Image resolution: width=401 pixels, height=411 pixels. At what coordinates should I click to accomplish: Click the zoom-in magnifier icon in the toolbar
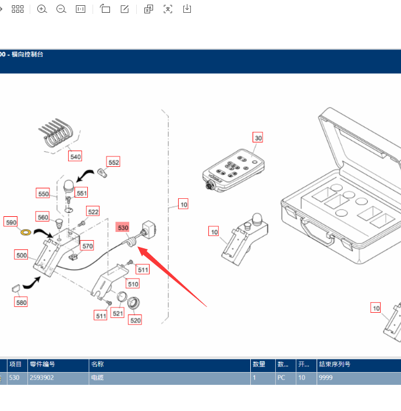click(x=42, y=9)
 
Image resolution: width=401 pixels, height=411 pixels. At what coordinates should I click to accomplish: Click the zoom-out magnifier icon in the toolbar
click(x=61, y=9)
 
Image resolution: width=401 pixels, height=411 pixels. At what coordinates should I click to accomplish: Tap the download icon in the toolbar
click(x=187, y=9)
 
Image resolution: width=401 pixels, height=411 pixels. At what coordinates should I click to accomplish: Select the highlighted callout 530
click(x=122, y=228)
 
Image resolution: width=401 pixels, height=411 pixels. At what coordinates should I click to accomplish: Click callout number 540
click(x=75, y=156)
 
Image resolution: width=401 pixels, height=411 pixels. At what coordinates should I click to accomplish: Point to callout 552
click(x=113, y=162)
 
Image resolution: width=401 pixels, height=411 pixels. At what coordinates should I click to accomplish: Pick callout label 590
click(x=11, y=221)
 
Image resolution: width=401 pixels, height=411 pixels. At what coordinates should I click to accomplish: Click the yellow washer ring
click(x=26, y=233)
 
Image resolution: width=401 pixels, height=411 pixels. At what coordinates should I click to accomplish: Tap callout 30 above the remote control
click(x=258, y=138)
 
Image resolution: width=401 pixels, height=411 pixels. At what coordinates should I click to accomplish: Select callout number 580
click(x=21, y=302)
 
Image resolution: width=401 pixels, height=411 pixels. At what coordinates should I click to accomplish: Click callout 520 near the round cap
click(x=136, y=320)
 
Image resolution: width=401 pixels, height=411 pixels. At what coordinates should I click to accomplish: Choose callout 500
click(x=22, y=255)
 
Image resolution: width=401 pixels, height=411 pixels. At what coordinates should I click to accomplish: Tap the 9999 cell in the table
click(x=326, y=377)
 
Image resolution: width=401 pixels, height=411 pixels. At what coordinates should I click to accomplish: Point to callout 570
click(x=87, y=246)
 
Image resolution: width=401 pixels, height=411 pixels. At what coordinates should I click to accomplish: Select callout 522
click(x=93, y=211)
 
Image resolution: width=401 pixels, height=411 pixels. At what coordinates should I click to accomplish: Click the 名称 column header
click(x=97, y=364)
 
